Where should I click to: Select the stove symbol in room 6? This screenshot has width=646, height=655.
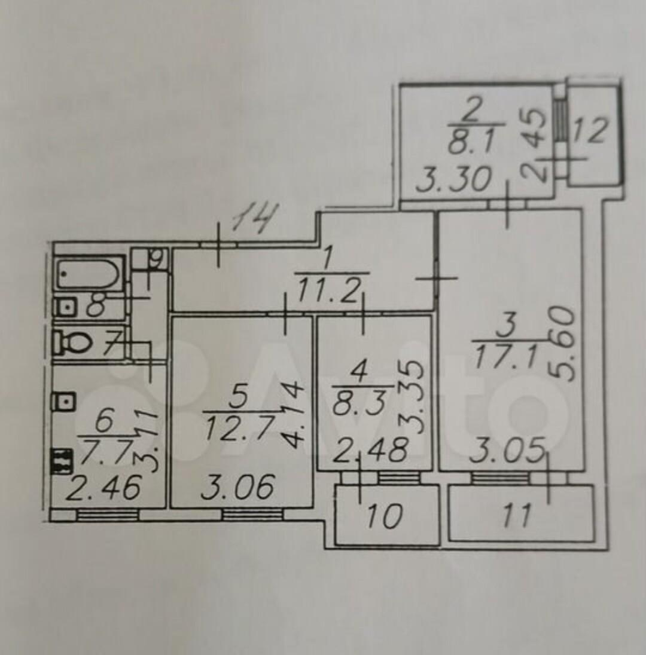[x=62, y=461]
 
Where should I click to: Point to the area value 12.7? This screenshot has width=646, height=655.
[x=240, y=428]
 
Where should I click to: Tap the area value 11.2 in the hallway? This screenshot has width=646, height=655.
[x=328, y=290]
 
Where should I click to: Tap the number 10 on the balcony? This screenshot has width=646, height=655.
[x=384, y=516]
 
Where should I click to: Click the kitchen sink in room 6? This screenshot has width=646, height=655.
[x=63, y=402]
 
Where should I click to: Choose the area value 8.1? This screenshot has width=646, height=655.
[x=470, y=142]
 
